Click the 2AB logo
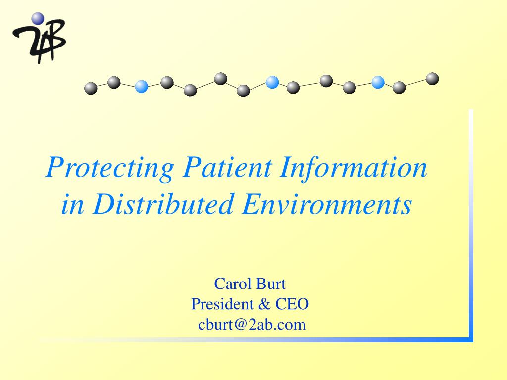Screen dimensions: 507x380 tap(39, 38)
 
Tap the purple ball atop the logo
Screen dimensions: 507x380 tap(38, 18)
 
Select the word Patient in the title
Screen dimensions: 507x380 tap(227, 167)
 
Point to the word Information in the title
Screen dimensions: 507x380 tap(354, 167)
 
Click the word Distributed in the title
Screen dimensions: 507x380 tap(163, 204)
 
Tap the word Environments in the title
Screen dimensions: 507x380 tap(327, 204)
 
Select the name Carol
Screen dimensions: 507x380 tap(233, 284)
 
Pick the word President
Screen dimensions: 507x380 tap(222, 304)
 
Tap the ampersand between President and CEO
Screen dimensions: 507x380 tap(264, 304)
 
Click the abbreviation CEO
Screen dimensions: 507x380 tap(292, 304)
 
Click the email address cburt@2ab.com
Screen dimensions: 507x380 tap(252, 325)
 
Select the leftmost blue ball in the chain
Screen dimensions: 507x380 tap(141, 86)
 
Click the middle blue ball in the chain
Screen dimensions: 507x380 tap(272, 83)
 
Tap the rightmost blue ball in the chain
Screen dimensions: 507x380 tap(378, 83)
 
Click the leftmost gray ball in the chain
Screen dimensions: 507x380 tap(91, 88)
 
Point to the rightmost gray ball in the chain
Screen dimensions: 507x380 tap(432, 79)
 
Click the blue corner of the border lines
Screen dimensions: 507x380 tap(471, 340)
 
